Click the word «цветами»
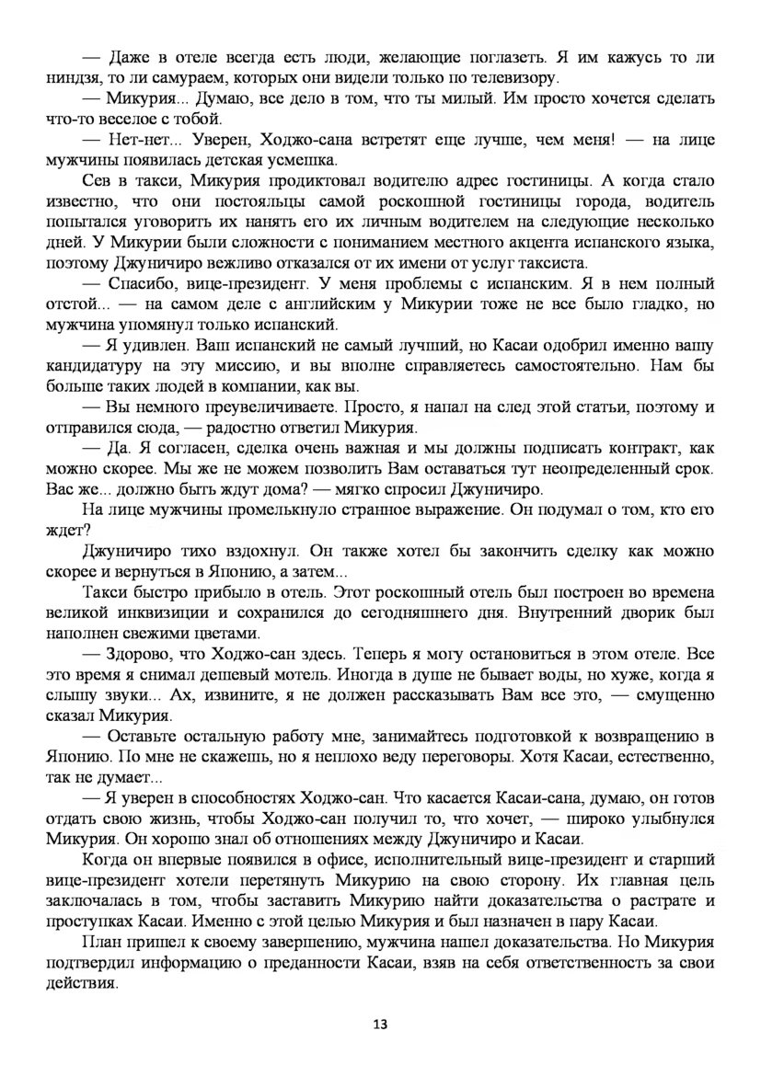click(x=222, y=634)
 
